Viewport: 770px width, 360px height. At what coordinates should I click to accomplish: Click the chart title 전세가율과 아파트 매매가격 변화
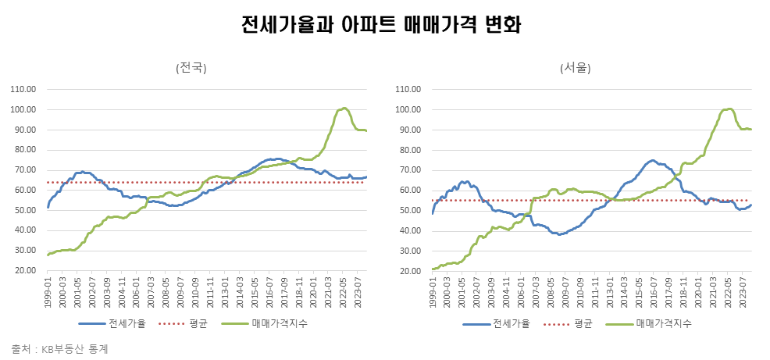pos(382,26)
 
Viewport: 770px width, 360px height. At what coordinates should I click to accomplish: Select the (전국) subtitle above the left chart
pos(191,68)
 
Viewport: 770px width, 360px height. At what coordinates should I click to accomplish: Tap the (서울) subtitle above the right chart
pos(576,68)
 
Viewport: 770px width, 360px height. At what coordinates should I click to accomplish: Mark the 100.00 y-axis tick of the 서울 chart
pos(409,109)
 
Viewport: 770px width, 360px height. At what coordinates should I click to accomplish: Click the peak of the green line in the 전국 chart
pos(344,108)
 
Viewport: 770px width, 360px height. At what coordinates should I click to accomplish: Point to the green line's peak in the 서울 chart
pos(729,109)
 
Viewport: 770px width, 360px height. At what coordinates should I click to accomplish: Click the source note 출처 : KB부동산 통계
pos(59,349)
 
